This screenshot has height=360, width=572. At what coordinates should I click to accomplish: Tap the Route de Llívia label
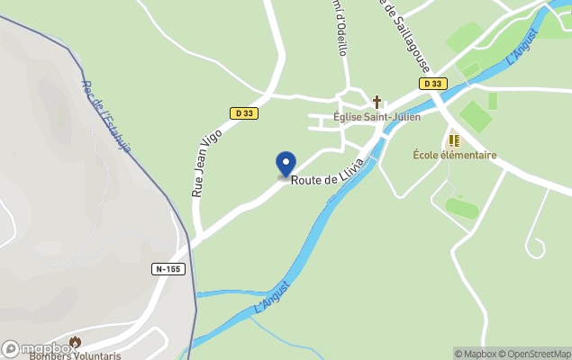326,180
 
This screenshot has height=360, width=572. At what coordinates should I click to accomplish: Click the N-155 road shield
168,269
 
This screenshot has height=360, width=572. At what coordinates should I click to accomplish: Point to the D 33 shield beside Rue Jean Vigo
243,113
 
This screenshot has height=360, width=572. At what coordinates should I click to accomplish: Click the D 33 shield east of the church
432,84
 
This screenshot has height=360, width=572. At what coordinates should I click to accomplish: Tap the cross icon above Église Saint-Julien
377,102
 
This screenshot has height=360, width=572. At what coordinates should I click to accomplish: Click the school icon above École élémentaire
454,140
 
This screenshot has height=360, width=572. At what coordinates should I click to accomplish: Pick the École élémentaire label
455,155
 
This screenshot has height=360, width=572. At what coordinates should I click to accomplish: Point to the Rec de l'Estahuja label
106,117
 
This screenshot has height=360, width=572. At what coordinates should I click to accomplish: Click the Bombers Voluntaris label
75,355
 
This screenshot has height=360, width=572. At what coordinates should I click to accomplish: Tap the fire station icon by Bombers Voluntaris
75,342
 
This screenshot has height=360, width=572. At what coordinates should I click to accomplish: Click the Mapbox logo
38,348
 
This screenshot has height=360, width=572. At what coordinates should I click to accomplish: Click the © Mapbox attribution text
477,354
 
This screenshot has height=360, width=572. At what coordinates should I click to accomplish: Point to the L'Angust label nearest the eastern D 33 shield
522,46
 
